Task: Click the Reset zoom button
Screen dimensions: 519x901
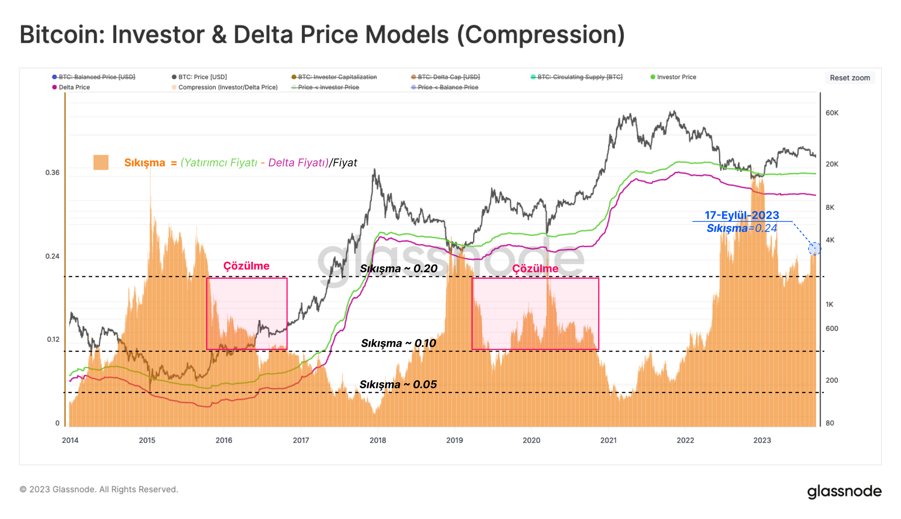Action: click(850, 78)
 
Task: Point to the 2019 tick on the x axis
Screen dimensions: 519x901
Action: click(455, 440)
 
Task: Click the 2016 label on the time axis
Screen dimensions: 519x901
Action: click(224, 440)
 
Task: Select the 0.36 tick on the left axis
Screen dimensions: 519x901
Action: click(52, 173)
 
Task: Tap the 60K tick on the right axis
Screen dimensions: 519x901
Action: click(832, 113)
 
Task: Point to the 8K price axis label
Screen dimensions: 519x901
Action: click(830, 208)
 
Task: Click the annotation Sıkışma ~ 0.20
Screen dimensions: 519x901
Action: click(399, 269)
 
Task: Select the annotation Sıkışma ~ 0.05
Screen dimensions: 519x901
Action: click(398, 385)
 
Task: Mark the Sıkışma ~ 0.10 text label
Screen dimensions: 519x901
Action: click(399, 343)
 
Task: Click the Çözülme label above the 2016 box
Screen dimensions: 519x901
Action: click(246, 266)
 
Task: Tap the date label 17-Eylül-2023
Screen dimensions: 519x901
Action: click(742, 215)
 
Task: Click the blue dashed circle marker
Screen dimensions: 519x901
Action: click(814, 248)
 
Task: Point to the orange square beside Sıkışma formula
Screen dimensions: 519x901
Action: click(101, 162)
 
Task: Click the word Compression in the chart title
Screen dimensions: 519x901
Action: click(541, 35)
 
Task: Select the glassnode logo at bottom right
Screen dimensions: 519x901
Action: click(844, 491)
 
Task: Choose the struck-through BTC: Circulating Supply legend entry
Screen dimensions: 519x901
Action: click(579, 77)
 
